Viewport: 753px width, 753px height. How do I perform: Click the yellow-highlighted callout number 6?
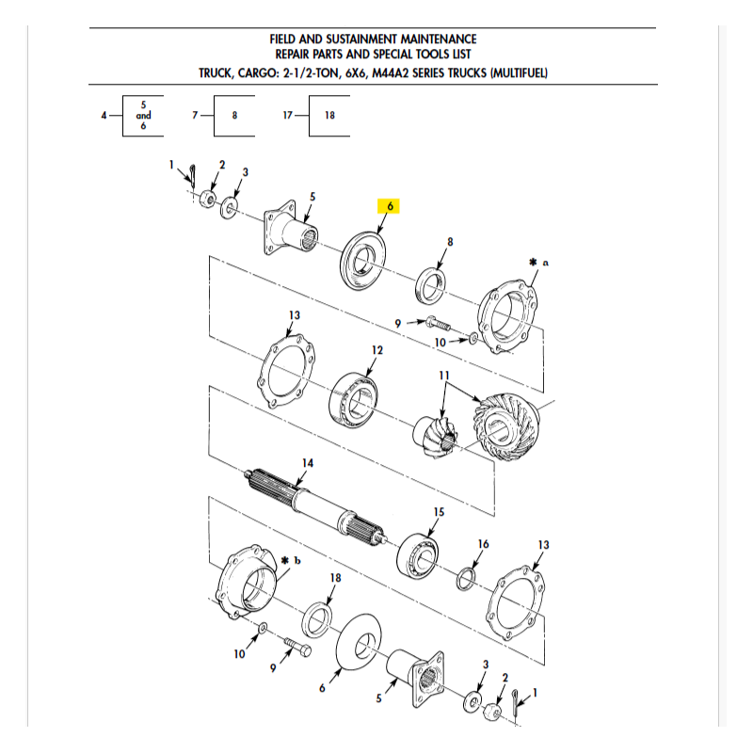point(390,206)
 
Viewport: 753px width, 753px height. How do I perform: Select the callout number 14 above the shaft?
point(308,463)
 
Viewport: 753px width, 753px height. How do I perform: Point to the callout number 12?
point(377,350)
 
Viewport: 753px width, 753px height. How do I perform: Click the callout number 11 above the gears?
point(443,375)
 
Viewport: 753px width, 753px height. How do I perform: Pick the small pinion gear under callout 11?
point(436,435)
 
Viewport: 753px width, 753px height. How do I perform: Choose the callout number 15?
point(439,512)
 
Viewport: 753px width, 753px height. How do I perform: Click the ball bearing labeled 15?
point(417,555)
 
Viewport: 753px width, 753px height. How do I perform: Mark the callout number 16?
point(483,544)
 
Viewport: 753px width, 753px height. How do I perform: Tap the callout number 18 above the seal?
point(335,578)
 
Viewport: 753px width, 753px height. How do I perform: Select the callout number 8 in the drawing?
point(450,242)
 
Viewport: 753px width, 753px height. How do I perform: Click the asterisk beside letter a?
point(533,263)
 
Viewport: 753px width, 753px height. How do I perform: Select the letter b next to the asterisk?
point(297,560)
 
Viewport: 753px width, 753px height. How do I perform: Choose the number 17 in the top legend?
point(288,115)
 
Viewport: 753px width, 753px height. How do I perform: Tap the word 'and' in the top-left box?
point(143,115)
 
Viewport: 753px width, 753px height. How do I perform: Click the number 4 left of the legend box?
point(104,115)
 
